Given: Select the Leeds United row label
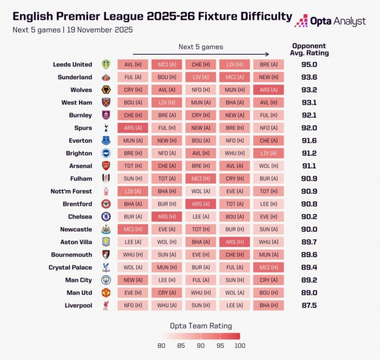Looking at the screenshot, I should point(72,64).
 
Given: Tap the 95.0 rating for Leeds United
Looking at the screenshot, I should point(310,64).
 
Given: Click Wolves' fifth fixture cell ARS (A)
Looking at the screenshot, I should point(268,90).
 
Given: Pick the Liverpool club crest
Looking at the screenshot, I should point(106,305).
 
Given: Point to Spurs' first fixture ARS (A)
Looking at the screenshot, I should point(133,128).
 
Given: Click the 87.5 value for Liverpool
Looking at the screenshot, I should point(310,305).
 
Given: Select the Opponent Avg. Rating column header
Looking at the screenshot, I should point(310,49).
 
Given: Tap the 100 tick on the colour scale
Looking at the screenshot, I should point(240,345).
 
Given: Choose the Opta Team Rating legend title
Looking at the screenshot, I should point(201,326).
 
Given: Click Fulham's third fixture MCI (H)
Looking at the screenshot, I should point(201,178).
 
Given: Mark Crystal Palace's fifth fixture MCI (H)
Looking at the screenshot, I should point(268,267).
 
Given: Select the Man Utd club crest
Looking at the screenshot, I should point(106,293).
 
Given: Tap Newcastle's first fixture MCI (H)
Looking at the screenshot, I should point(133,229).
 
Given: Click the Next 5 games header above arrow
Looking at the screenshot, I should point(201,47).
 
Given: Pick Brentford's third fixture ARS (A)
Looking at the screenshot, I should point(201,204).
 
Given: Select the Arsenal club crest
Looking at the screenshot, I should point(106,166).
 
